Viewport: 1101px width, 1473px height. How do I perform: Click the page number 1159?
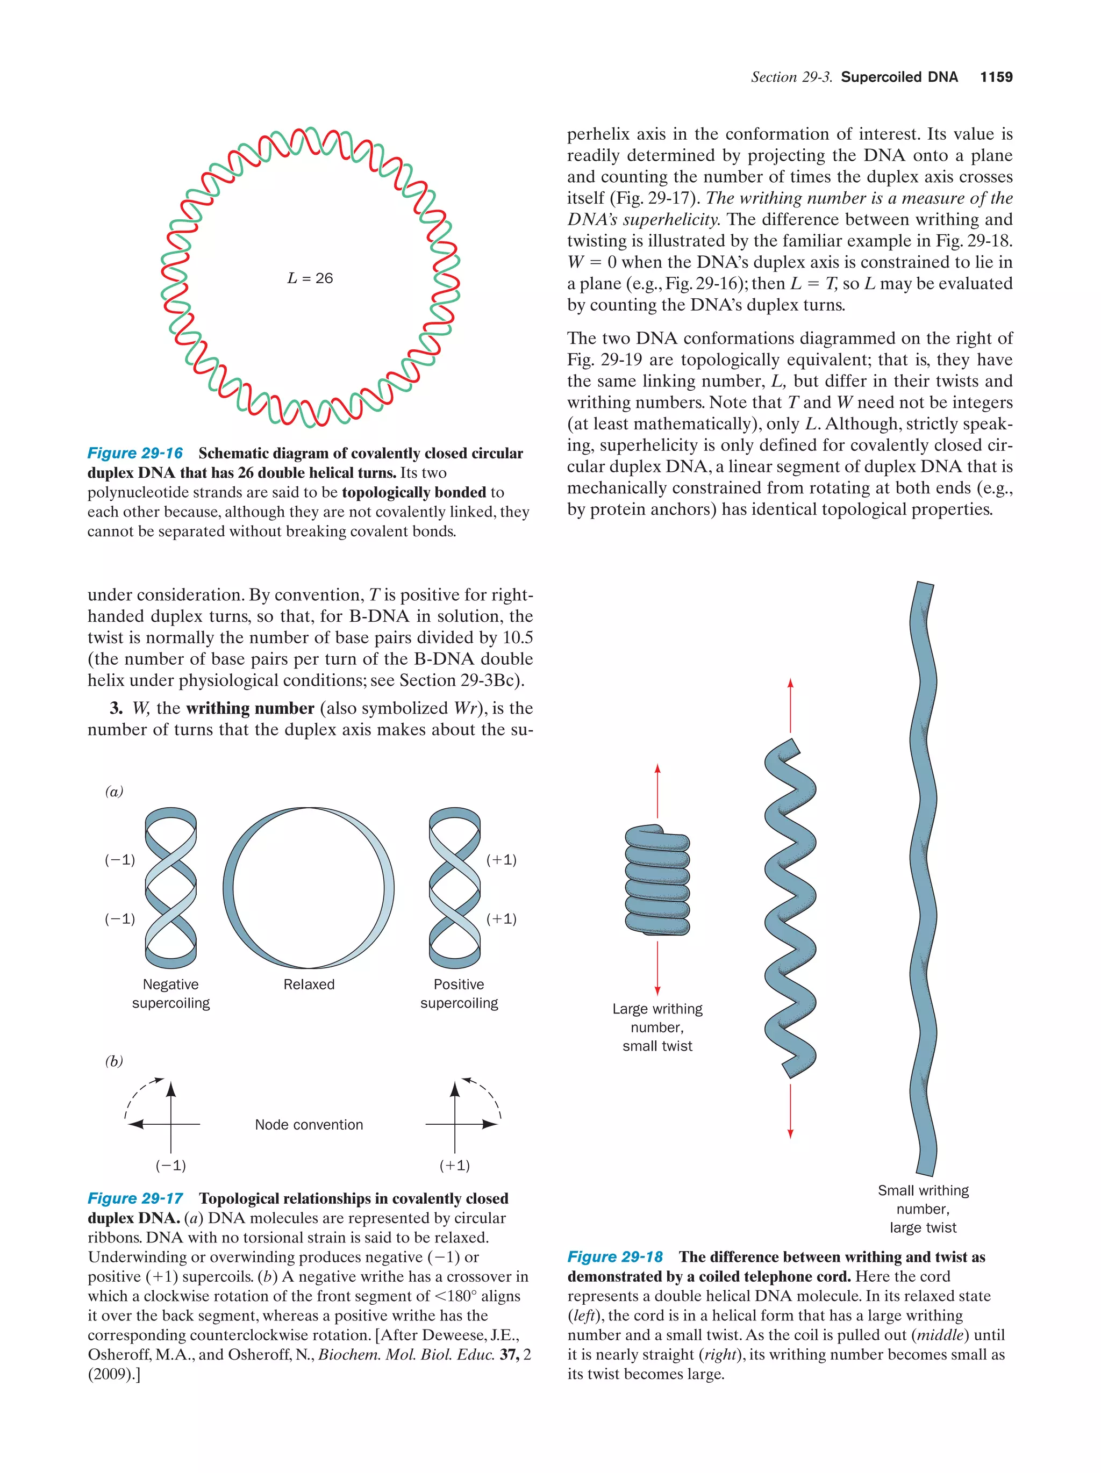(996, 77)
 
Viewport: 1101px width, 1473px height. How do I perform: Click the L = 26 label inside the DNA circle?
(310, 278)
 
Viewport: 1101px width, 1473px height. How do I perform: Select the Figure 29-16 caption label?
(135, 454)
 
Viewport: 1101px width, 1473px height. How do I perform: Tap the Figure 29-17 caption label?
(135, 1198)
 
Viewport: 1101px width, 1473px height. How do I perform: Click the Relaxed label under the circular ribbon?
(309, 984)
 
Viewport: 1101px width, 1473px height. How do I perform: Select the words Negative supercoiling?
(170, 994)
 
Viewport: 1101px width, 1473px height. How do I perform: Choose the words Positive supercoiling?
(459, 994)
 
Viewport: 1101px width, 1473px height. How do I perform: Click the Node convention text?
(309, 1125)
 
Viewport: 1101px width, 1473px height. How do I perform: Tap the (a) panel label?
(114, 791)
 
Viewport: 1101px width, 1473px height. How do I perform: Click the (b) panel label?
(114, 1061)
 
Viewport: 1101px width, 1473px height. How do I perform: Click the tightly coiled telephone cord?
(657, 880)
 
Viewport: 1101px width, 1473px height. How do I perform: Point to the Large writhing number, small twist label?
(657, 1027)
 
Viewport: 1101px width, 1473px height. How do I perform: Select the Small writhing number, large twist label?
(923, 1209)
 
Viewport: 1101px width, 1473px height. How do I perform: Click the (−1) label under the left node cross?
(170, 1166)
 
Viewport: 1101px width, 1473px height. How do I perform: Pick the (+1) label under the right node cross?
(455, 1166)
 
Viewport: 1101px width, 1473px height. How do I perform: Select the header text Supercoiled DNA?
(899, 77)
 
